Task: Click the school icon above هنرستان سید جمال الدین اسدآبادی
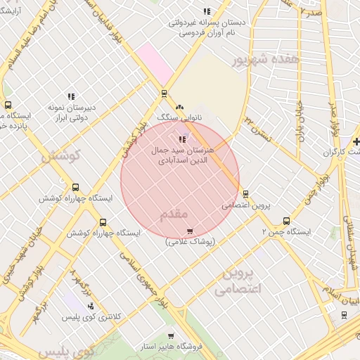(x=183, y=139)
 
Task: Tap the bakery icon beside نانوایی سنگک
(x=180, y=107)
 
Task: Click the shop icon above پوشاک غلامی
(x=190, y=231)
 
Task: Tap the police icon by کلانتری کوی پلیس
(x=91, y=305)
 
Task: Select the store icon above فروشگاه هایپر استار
(x=170, y=336)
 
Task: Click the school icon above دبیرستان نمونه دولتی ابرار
(x=70, y=96)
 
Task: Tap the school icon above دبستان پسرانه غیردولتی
(x=206, y=11)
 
